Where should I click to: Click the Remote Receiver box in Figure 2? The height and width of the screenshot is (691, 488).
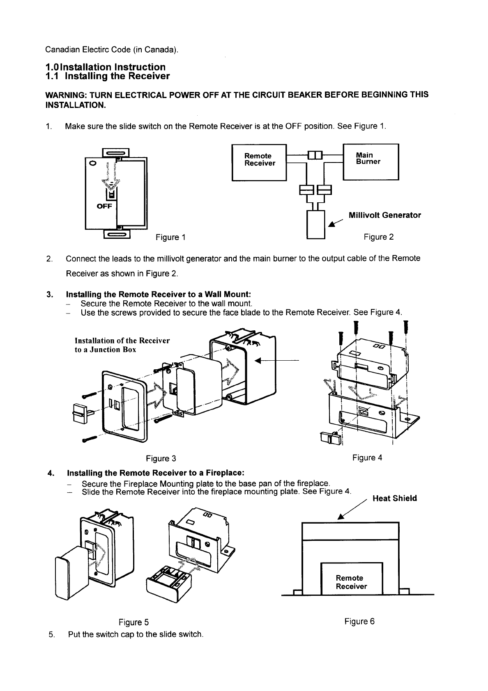point(259,162)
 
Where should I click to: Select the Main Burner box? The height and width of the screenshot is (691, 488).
point(371,161)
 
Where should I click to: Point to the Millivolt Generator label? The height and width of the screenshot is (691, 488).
point(384,215)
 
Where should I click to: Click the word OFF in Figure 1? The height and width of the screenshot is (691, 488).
point(104,206)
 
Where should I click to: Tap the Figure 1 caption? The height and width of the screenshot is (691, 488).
point(170,237)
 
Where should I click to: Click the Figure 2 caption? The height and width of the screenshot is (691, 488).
point(379,237)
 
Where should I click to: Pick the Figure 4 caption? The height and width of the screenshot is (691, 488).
point(367,458)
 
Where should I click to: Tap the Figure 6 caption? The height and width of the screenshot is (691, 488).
point(359,621)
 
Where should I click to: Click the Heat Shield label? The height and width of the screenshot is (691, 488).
point(394,499)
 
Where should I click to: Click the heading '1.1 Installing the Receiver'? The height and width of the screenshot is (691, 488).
point(107,76)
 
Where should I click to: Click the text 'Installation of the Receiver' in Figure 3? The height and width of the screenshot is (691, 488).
point(122,341)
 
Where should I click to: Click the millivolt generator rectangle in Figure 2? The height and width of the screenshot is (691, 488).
point(316,224)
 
